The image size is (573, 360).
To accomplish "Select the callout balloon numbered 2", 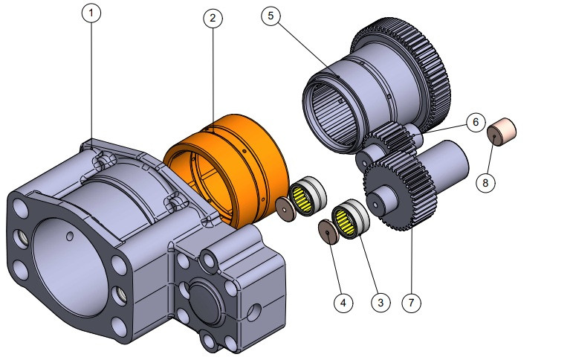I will [212, 19].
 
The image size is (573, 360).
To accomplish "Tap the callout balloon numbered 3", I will [380, 303].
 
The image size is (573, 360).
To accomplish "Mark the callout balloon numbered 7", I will [411, 303].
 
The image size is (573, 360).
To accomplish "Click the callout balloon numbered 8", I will [486, 181].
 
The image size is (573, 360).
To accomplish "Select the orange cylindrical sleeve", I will [230, 167].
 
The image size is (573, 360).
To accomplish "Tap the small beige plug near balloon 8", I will [502, 131].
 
